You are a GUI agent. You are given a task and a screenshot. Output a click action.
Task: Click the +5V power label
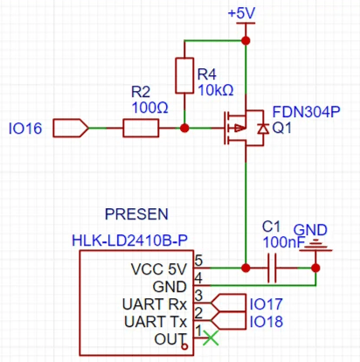click(x=241, y=14)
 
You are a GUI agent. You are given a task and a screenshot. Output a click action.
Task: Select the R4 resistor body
click(x=184, y=76)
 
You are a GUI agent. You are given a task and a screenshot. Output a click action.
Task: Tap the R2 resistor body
click(x=140, y=129)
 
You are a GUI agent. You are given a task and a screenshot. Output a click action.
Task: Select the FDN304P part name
click(x=306, y=113)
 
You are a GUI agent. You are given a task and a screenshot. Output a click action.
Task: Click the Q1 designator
click(x=282, y=129)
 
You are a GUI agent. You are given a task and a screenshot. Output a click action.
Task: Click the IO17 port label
click(x=267, y=304)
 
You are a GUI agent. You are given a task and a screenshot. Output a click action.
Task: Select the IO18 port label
click(x=267, y=322)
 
